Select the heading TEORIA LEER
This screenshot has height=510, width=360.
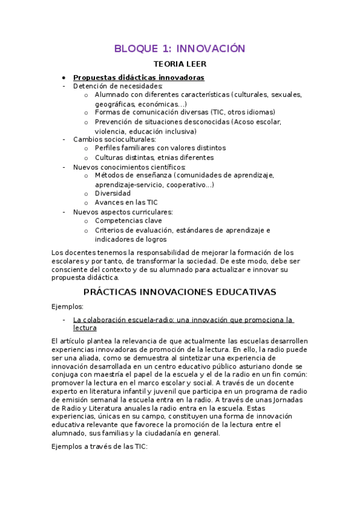pos(180,64)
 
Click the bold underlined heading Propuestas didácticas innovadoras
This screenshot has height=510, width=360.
pos(138,78)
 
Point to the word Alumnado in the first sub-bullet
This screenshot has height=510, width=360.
pos(112,95)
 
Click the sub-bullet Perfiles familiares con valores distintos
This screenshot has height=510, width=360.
pos(160,148)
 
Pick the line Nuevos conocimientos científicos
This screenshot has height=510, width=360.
pos(129,167)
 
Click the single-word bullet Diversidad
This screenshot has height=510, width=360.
pos(112,194)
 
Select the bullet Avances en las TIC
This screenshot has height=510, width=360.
pos(126,203)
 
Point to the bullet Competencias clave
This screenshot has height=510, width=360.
pos(128,221)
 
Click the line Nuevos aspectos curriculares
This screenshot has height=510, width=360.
pos(123,212)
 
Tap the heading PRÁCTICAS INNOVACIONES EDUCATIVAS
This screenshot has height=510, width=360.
pos(180,292)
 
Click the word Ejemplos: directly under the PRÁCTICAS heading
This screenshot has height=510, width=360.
pos(68,307)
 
